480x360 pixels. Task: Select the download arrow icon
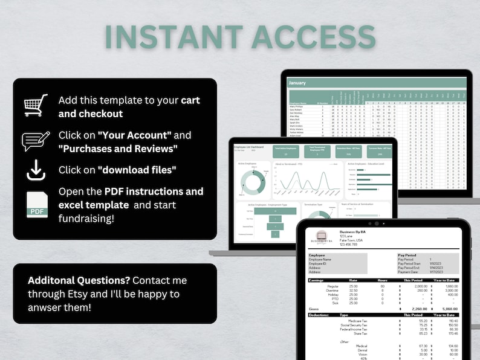[36, 171]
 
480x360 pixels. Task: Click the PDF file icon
[36, 204]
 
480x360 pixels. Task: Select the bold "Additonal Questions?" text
[79, 281]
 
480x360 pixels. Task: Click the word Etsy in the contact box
[79, 294]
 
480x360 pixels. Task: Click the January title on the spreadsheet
[298, 82]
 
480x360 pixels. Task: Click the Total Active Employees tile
[285, 150]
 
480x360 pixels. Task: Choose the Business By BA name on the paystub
[357, 231]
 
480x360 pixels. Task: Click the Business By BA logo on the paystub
[322, 236]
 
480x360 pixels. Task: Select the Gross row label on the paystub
[313, 308]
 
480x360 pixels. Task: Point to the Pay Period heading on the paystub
[408, 256]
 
